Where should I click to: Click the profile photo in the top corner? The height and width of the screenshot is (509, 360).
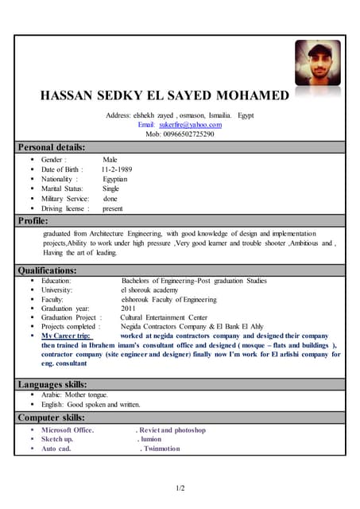point(317,64)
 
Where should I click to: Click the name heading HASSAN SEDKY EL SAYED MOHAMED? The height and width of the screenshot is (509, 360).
point(165,96)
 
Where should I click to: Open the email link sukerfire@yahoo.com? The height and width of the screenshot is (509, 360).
point(190,125)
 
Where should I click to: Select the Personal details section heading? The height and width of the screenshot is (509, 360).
point(52,147)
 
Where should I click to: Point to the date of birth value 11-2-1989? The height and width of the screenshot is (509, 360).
point(117,169)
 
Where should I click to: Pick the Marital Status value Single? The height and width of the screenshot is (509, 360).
point(110,188)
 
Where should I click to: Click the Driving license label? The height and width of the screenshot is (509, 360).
point(65,208)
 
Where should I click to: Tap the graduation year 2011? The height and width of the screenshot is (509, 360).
point(128,309)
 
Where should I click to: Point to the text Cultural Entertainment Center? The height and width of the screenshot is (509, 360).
point(164,317)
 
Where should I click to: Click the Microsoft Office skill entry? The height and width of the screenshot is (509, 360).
point(68,430)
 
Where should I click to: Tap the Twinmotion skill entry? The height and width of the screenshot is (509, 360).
point(160,449)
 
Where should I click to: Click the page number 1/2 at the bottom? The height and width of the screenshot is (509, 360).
point(180,488)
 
